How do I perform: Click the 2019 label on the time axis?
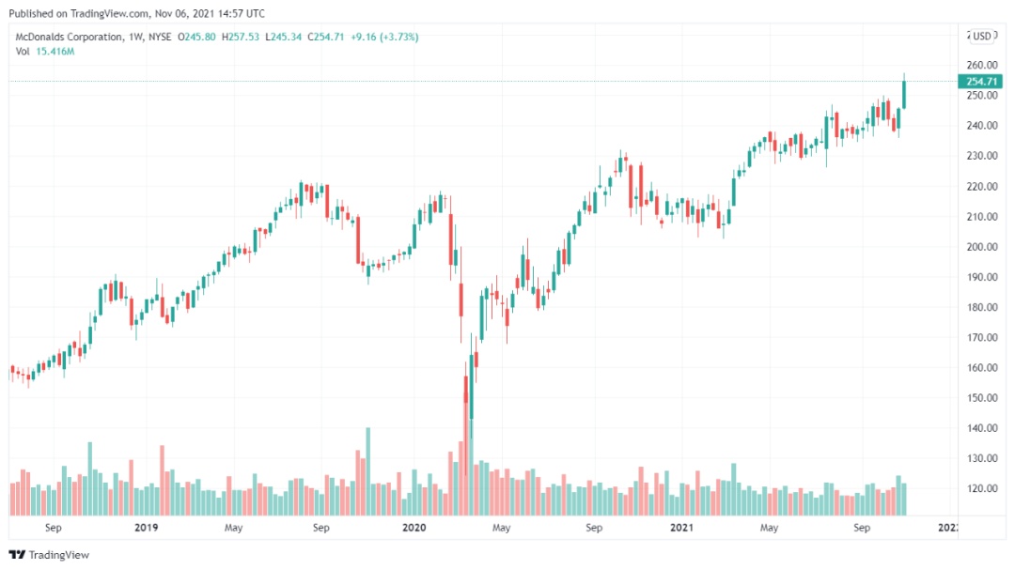point(146,528)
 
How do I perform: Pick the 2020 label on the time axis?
point(414,528)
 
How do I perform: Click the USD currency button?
point(983,37)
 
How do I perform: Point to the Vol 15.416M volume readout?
point(44,51)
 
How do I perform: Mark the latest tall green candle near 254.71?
point(904,94)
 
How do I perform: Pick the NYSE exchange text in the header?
point(161,37)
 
